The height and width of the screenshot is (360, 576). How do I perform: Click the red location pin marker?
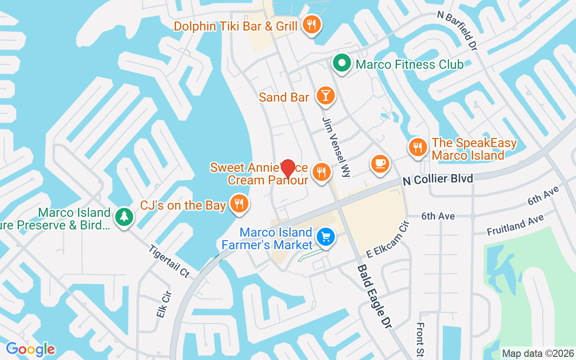tap(288, 169)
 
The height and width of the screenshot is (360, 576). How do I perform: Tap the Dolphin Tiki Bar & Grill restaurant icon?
tap(311, 25)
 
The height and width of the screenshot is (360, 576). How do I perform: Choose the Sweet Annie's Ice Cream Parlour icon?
tap(321, 172)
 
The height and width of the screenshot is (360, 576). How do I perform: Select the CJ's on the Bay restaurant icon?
tap(238, 204)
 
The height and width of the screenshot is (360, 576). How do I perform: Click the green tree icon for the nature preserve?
tap(124, 217)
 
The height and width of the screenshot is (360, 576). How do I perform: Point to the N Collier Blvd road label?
tap(438, 179)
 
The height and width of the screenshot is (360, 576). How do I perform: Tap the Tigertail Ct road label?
tap(169, 261)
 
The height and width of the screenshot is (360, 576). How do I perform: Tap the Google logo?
tap(30, 349)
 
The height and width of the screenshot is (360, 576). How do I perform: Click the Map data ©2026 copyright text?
tap(538, 353)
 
